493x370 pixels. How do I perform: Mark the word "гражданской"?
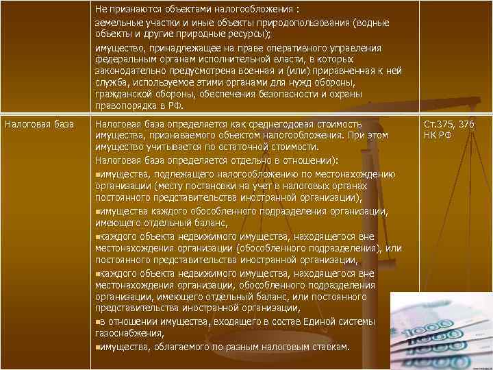click(122, 95)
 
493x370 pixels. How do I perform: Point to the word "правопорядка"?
click(123, 106)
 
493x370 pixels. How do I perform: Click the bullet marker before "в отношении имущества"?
click(98, 322)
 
